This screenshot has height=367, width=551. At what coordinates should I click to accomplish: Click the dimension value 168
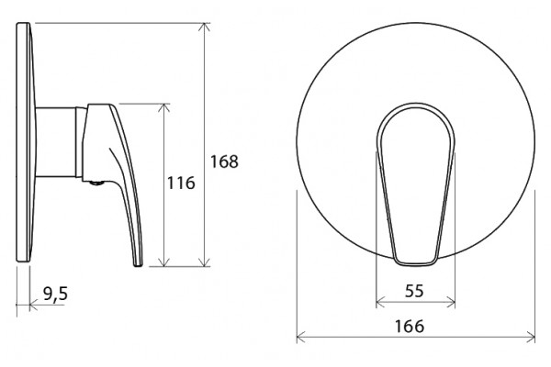[224, 161]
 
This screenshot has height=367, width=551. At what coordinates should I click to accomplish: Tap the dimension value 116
[181, 183]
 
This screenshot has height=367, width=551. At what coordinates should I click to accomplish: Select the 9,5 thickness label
[55, 294]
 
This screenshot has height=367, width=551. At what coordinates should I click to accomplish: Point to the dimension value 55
[415, 291]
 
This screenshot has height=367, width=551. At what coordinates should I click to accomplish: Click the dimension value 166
[410, 327]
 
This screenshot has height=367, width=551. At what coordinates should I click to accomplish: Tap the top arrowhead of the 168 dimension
[204, 27]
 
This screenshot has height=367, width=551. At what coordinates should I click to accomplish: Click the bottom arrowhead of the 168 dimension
[204, 262]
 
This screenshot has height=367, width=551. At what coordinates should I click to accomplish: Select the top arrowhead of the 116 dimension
[163, 107]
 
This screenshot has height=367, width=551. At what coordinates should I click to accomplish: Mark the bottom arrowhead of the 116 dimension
[163, 262]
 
